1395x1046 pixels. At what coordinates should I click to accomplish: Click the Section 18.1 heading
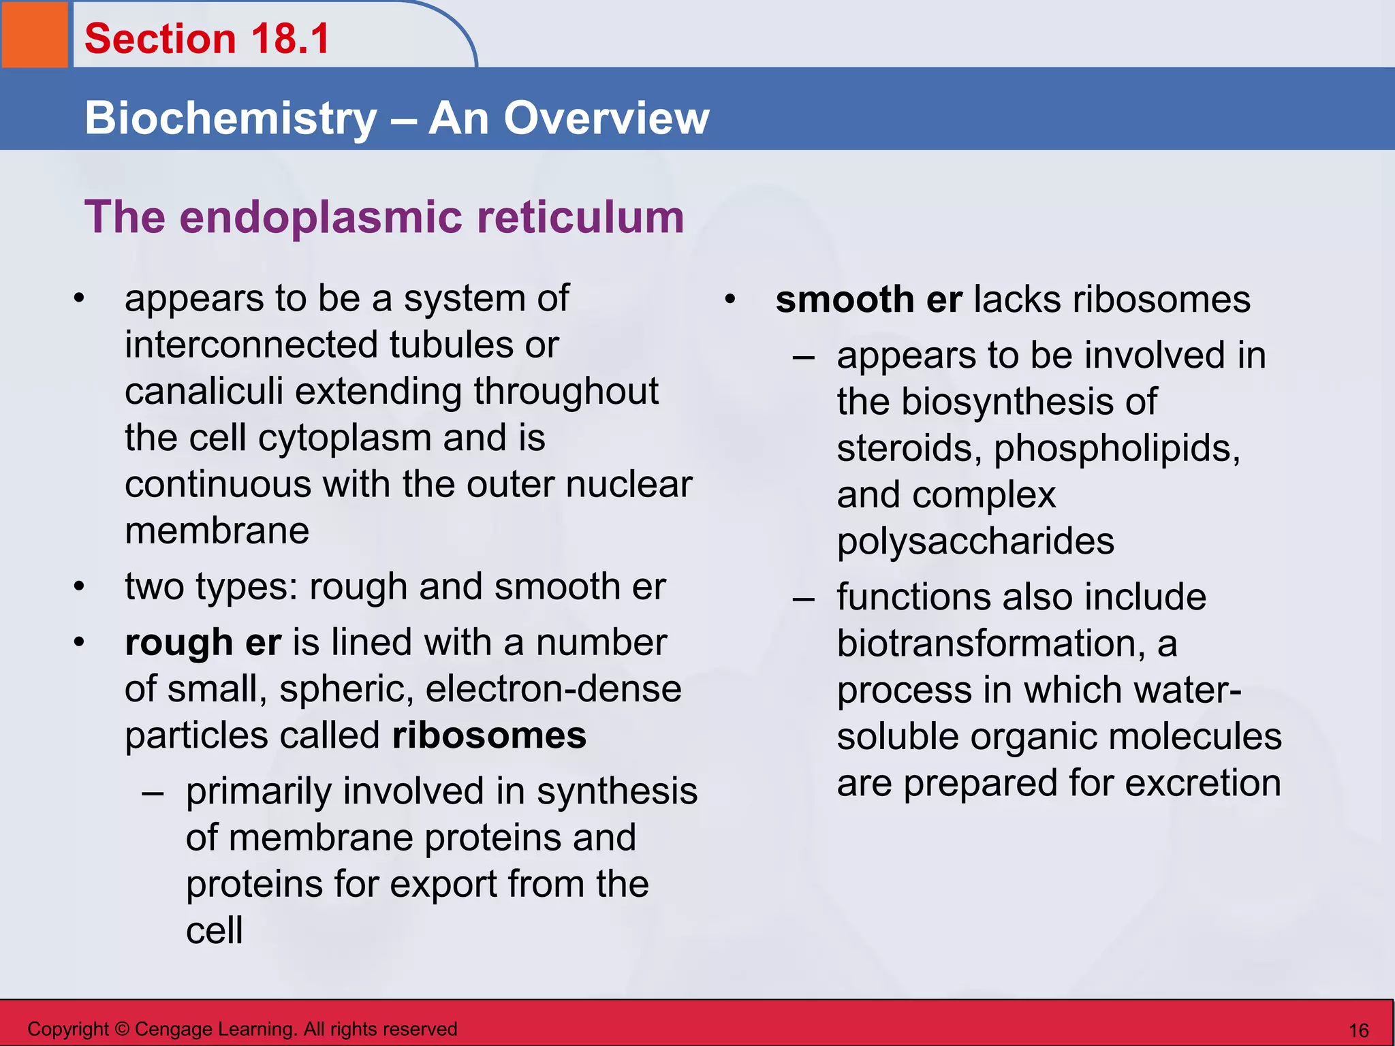(x=207, y=38)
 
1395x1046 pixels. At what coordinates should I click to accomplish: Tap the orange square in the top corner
(x=34, y=34)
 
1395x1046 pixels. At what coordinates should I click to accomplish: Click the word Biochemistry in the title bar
(x=230, y=118)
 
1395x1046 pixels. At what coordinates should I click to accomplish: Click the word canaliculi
(x=204, y=392)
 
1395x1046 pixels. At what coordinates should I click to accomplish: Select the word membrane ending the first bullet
(x=217, y=531)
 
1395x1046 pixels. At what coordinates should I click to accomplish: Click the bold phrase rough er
(x=202, y=643)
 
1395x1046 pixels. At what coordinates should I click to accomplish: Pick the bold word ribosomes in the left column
(x=489, y=736)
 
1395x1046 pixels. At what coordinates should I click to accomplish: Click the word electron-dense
(x=553, y=689)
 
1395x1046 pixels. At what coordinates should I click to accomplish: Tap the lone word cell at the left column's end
(x=214, y=931)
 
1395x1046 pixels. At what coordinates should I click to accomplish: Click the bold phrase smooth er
(x=868, y=300)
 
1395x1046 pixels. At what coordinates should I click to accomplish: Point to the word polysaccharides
(x=975, y=542)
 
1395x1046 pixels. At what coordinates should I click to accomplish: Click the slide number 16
(x=1358, y=1030)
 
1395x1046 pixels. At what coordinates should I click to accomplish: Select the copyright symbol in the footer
(x=122, y=1029)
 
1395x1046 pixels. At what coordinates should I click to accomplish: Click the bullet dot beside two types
(x=80, y=587)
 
